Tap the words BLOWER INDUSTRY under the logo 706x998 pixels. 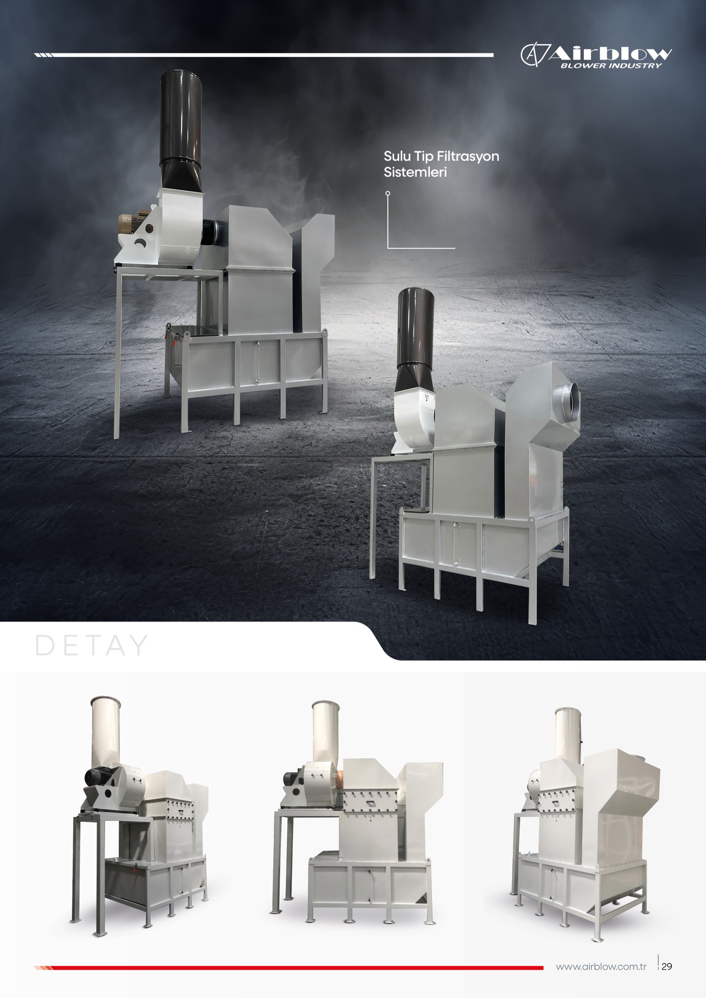click(611, 66)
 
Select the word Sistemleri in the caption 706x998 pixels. click(415, 172)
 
